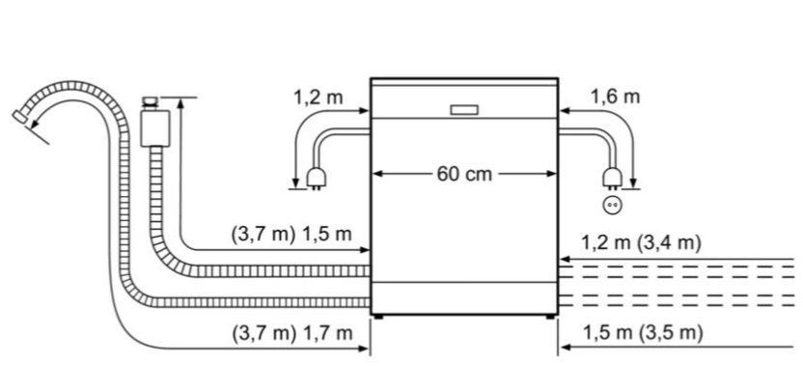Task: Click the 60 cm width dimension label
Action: (x=464, y=174)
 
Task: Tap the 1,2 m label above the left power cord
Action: (x=318, y=97)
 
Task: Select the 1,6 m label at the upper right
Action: (x=616, y=97)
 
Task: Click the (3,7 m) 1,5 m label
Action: (x=291, y=235)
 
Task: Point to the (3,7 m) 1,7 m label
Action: (x=292, y=334)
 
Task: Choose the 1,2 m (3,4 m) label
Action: (x=641, y=242)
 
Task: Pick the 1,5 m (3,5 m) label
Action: (x=643, y=334)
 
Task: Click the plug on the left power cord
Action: (x=315, y=179)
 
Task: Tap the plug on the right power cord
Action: (x=613, y=178)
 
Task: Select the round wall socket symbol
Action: (x=613, y=205)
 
